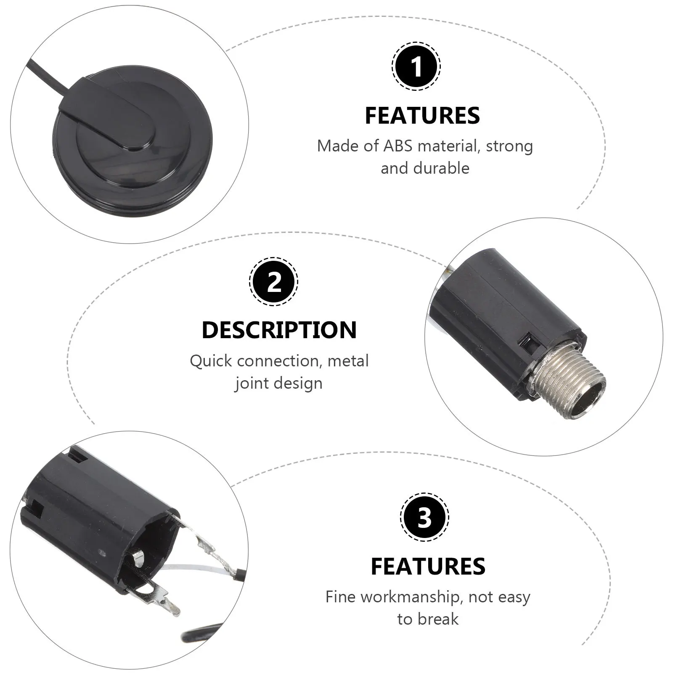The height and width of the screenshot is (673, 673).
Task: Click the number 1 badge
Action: point(416,66)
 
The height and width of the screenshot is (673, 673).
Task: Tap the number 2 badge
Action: point(274,281)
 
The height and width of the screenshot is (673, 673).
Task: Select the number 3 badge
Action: point(424,517)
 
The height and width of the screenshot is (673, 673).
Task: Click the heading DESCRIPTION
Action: point(279,330)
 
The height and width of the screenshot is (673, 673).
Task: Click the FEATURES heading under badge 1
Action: point(422,116)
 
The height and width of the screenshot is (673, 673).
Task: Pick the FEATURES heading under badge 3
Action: point(428,566)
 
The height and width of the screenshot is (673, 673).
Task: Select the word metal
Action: point(348,361)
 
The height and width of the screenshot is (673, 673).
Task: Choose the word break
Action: point(437,619)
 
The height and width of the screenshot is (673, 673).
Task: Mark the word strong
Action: point(509,146)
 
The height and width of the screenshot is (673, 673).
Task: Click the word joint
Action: point(253,383)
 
